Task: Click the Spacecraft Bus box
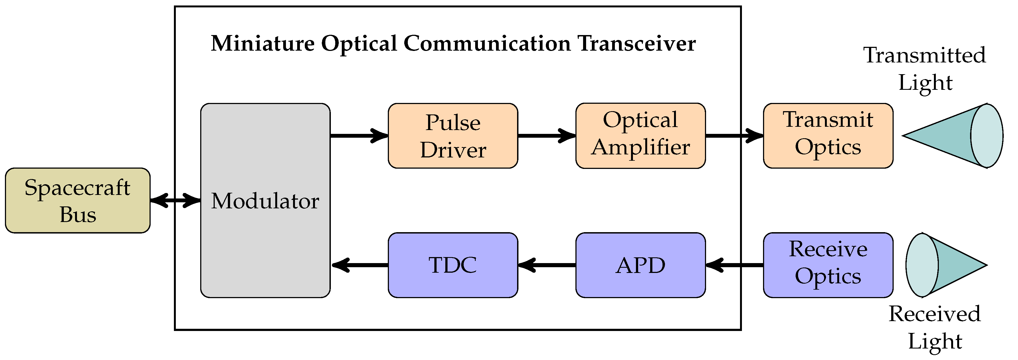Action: (x=78, y=200)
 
